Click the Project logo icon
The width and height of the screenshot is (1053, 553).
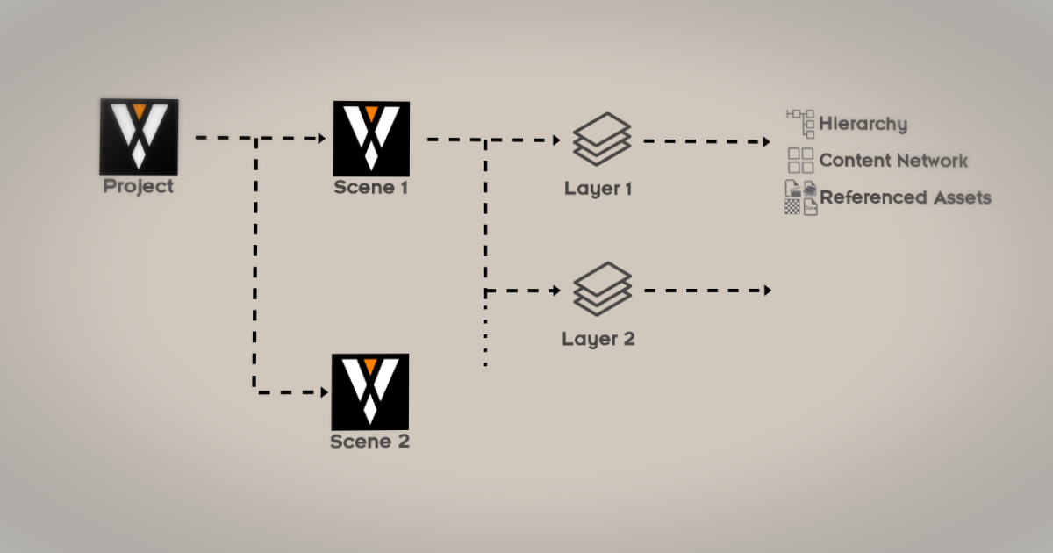point(139,136)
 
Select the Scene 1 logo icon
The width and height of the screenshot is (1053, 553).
point(370,138)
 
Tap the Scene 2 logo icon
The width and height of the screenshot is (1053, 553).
point(369,391)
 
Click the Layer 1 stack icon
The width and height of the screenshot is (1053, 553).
point(602,139)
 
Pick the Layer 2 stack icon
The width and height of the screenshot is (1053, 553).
point(602,289)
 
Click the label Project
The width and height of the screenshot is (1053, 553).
point(139,186)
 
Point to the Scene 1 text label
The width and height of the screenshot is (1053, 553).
point(370,188)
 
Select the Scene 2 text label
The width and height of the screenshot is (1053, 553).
point(369,441)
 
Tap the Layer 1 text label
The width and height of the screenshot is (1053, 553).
point(598,189)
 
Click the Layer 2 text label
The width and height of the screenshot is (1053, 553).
point(598,339)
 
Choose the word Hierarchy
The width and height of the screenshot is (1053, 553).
point(863,125)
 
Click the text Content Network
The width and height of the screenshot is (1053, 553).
point(893,161)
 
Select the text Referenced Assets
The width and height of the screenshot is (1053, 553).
point(905,197)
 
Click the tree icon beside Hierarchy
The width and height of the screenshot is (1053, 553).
point(800,124)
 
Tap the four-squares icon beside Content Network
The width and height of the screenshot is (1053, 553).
point(800,161)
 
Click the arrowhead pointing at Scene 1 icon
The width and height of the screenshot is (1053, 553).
point(321,139)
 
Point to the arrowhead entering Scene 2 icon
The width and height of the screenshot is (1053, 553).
point(321,391)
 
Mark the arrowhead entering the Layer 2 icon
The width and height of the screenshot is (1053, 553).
point(555,290)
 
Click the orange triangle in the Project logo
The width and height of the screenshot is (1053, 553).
point(138,111)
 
